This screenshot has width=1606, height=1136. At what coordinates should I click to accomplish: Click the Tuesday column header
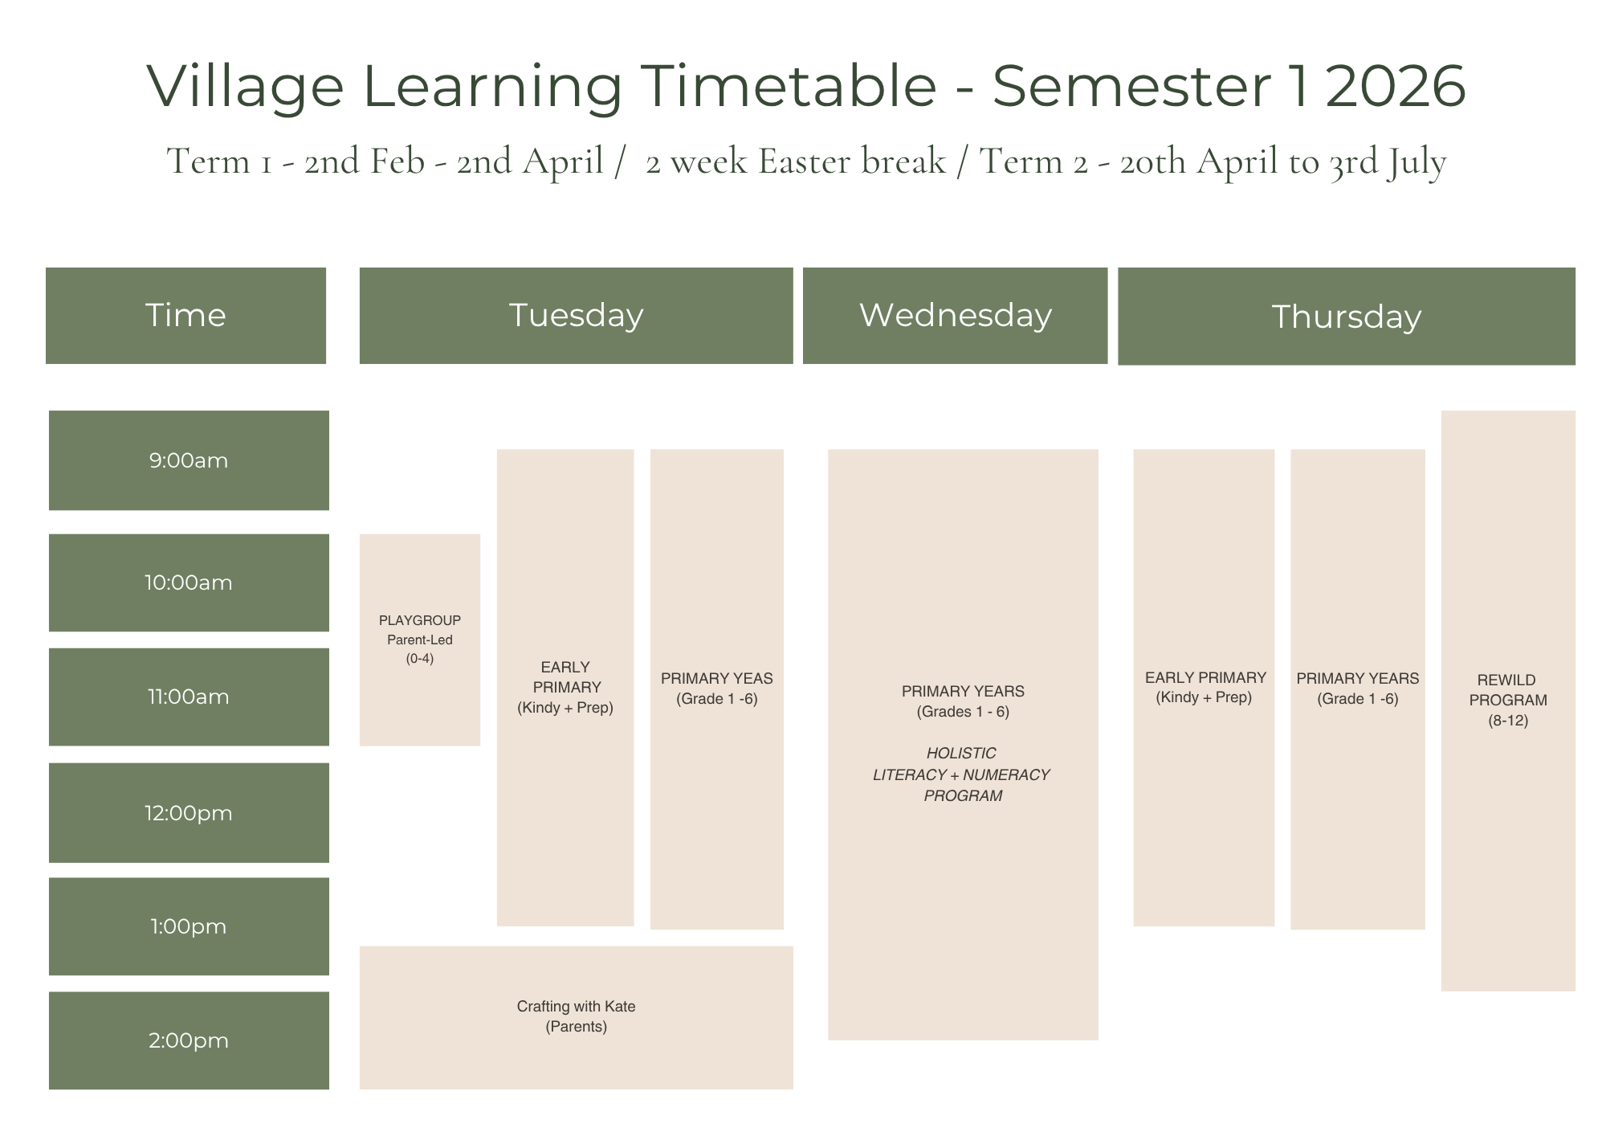[576, 316]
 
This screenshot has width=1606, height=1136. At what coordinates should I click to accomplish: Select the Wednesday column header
[955, 316]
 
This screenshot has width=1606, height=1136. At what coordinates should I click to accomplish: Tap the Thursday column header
[1346, 317]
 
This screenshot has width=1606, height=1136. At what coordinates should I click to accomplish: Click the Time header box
[185, 316]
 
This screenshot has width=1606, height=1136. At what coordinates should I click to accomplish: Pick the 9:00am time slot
[189, 460]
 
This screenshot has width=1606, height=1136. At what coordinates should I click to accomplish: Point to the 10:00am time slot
[189, 582]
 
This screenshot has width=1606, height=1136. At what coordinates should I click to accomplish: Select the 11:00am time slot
[189, 697]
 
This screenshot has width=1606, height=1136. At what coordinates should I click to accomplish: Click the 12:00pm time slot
[189, 813]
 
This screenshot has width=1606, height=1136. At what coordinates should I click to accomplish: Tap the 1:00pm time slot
[189, 926]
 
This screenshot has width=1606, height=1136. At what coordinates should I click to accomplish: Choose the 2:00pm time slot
[189, 1040]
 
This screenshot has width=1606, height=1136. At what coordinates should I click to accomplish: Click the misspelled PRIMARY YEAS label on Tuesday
[716, 679]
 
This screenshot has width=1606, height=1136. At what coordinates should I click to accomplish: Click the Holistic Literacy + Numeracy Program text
[962, 774]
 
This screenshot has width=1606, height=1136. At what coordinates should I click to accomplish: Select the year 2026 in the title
[1395, 86]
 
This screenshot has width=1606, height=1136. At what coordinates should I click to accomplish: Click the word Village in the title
[246, 86]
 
